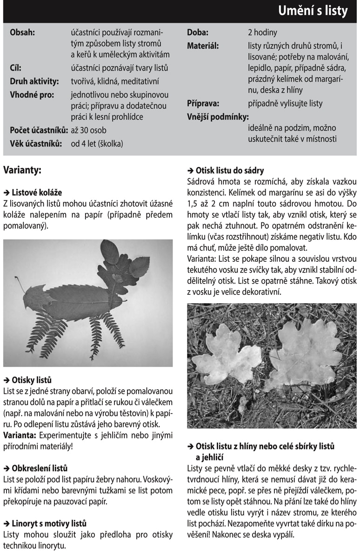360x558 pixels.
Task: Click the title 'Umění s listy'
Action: pos(313,12)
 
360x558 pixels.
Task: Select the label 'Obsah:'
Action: pos(22,33)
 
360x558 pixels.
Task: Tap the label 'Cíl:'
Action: pos(16,68)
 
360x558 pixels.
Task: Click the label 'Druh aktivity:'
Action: pos(34,81)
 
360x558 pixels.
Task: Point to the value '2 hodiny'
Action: pos(262,33)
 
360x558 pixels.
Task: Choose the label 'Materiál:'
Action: pos(203,46)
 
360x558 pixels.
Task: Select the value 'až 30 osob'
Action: pos(88,131)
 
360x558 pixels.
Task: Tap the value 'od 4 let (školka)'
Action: pos(97,144)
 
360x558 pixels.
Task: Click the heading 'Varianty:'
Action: pos(22,170)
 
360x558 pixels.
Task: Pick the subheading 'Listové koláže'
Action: pos(37,192)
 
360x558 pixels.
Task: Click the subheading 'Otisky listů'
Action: pos(32,380)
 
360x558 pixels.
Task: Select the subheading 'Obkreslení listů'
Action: pos(40,468)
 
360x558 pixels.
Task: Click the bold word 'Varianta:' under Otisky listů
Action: pos(20,436)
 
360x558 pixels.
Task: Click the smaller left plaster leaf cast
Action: pos(227,356)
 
